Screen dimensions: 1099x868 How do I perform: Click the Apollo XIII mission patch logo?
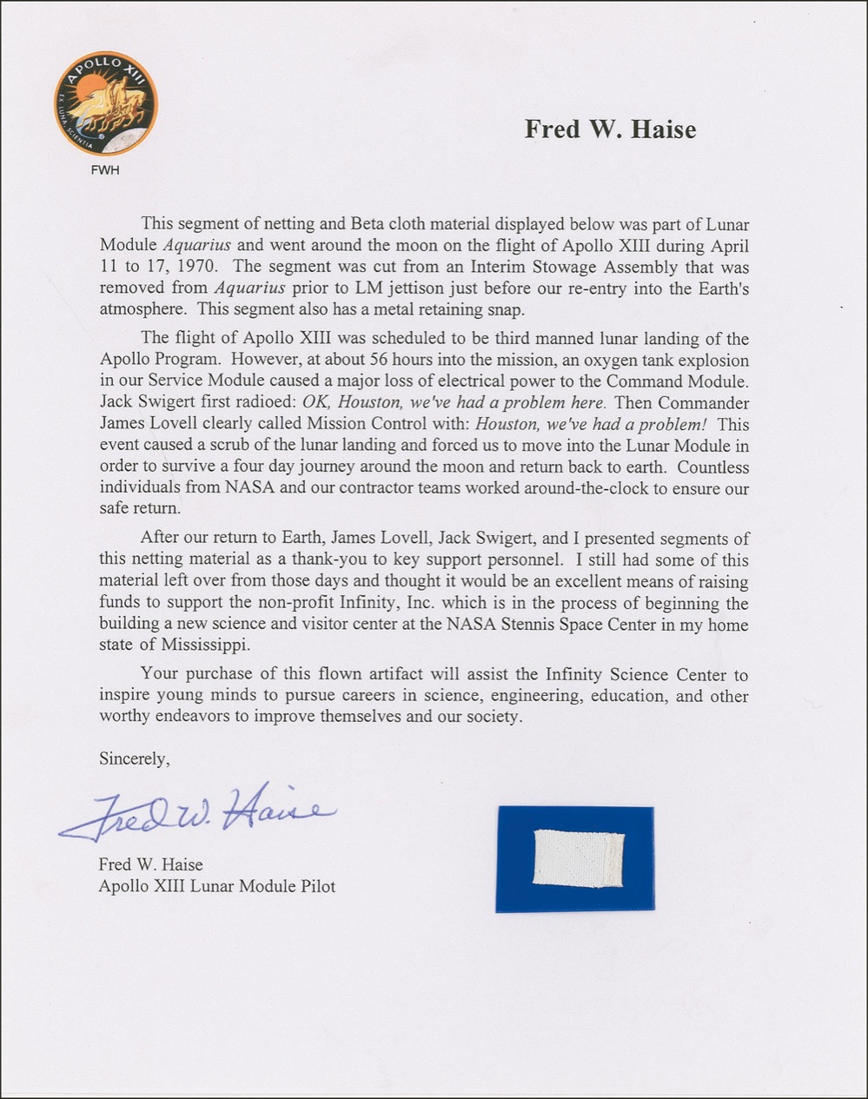coord(105,103)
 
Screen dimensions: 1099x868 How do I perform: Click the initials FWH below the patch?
coord(105,170)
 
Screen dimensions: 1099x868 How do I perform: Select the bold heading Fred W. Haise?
coord(610,129)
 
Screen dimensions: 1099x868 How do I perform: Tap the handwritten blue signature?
coord(196,814)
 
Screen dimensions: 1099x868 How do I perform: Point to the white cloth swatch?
coord(578,858)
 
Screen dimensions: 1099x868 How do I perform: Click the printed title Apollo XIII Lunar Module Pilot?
coord(216,886)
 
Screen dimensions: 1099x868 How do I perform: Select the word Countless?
coord(712,467)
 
